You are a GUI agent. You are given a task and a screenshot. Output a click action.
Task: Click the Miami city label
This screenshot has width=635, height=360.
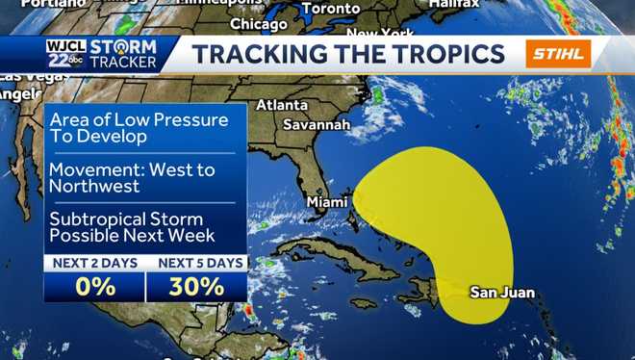[x=326, y=202]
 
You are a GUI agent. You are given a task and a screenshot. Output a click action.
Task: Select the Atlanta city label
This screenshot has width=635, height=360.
[x=282, y=105]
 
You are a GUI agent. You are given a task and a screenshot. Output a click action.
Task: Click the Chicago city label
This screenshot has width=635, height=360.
[x=259, y=23]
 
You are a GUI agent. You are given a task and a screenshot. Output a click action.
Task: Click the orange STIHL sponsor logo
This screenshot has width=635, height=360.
[x=558, y=54]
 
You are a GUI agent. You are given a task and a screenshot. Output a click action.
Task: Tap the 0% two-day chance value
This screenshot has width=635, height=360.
[x=94, y=286]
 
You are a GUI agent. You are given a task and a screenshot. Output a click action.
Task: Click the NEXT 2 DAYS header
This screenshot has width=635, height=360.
[x=94, y=262]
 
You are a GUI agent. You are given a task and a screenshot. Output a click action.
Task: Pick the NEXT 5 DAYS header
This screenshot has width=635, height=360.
[x=196, y=262]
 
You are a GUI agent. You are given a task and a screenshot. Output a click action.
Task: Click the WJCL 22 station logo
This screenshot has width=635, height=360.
[x=64, y=54]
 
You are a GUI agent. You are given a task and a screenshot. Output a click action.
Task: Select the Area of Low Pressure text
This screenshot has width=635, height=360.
[x=140, y=120]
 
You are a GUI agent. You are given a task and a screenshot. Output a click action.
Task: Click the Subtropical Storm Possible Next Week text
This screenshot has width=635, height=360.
[x=133, y=226]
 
